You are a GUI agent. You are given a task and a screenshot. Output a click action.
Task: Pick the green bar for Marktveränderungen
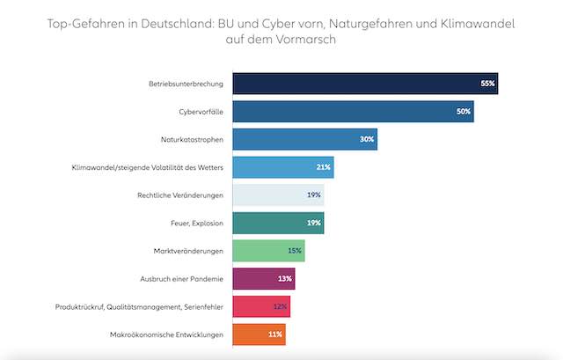(x=260, y=251)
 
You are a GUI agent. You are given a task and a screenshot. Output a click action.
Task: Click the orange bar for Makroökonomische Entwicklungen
(x=251, y=334)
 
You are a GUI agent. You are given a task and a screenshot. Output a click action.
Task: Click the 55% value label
(x=488, y=84)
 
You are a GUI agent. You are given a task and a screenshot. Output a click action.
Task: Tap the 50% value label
(x=464, y=112)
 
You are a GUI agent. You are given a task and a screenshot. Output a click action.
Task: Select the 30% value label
(x=367, y=139)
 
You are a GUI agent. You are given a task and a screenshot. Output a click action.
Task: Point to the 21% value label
(x=323, y=167)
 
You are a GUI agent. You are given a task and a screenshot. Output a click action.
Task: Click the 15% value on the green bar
(x=295, y=251)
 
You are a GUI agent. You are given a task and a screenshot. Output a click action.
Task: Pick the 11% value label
(x=275, y=334)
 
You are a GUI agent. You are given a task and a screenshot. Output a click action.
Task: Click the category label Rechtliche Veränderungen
(x=180, y=195)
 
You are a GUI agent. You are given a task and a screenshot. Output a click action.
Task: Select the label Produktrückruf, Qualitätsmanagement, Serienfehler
(x=137, y=307)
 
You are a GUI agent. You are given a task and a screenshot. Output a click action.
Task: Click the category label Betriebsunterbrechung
(x=186, y=84)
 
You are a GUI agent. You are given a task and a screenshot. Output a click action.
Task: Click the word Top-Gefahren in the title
(x=90, y=24)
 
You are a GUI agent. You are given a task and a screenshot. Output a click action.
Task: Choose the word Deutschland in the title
(x=183, y=24)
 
